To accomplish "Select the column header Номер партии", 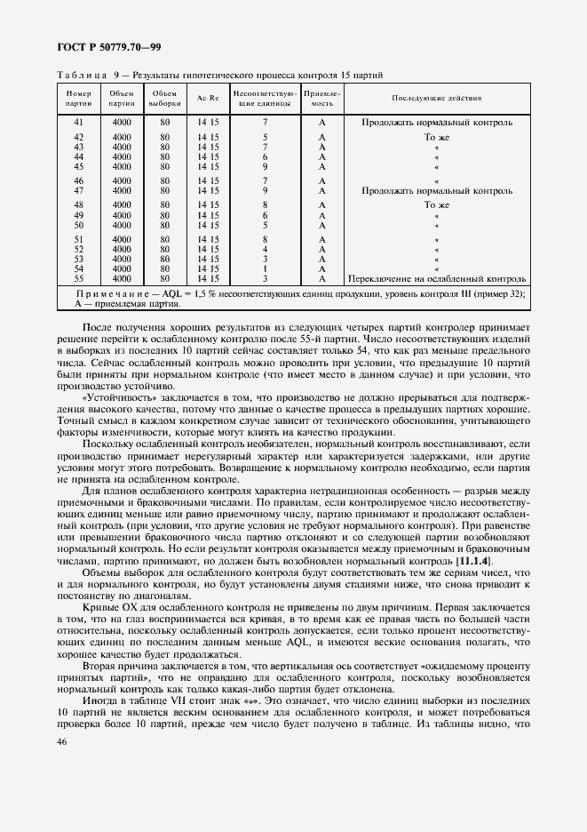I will click(79, 98).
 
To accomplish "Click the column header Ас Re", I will click(208, 98).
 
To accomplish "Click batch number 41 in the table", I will click(79, 121).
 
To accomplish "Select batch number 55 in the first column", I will click(79, 277).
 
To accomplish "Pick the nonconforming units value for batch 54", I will click(265, 268).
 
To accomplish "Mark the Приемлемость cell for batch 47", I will click(322, 190).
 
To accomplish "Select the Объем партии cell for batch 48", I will click(122, 204).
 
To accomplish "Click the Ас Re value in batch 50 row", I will click(208, 225).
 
